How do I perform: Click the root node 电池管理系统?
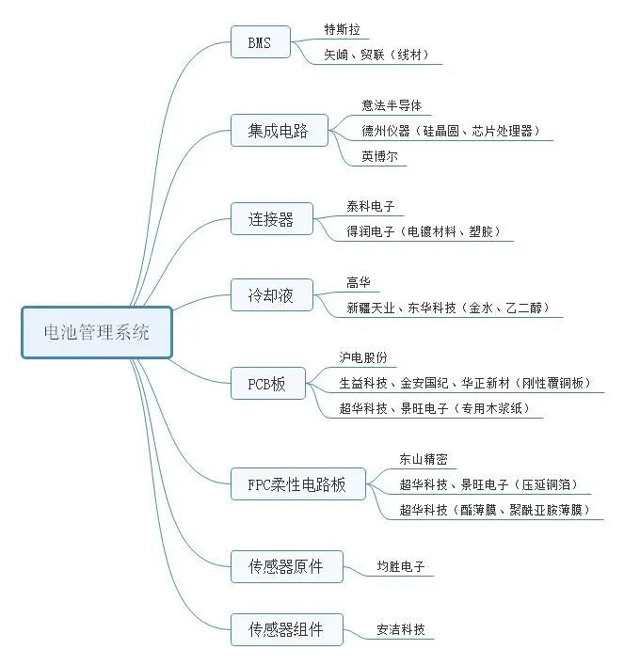tap(97, 333)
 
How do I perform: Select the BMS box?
tap(260, 41)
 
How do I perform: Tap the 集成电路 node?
tap(278, 131)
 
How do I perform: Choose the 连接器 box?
tap(271, 220)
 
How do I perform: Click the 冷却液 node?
tap(271, 296)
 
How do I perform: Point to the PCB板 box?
tap(266, 383)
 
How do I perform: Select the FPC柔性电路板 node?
tap(297, 484)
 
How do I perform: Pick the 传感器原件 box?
tap(285, 566)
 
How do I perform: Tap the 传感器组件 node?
tap(285, 628)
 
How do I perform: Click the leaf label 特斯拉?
tap(342, 28)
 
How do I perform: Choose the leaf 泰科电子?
tap(371, 206)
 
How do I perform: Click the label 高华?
tap(359, 282)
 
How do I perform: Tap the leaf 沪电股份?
tap(363, 357)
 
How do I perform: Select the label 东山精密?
tap(424, 459)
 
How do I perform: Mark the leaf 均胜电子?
tap(401, 567)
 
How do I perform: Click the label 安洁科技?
tap(401, 629)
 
